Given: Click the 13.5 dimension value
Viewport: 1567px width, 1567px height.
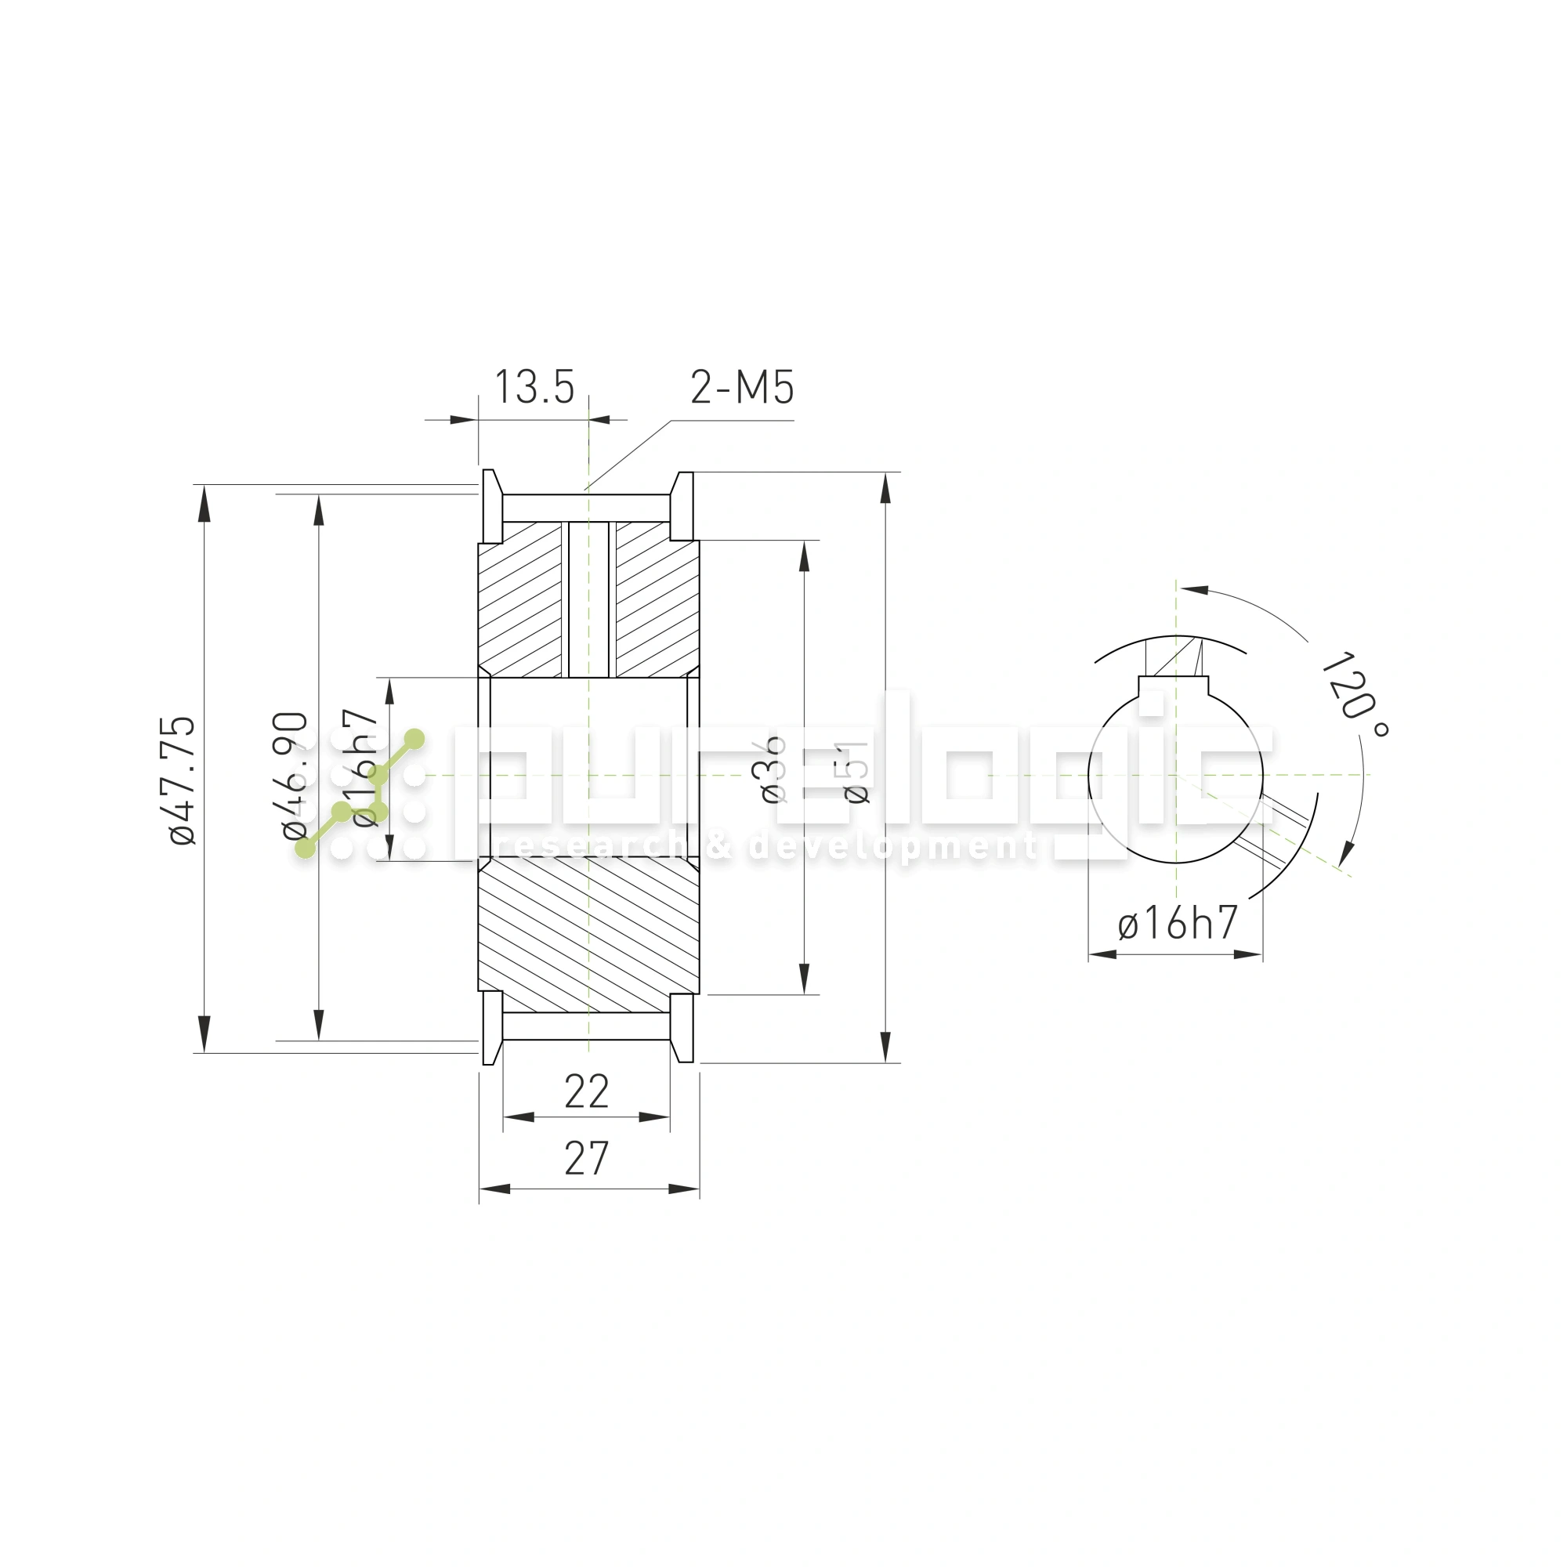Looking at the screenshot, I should (x=534, y=387).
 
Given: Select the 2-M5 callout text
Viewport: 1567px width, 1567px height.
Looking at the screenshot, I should (x=741, y=387).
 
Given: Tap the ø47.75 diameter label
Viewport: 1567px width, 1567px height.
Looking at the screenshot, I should (x=183, y=780).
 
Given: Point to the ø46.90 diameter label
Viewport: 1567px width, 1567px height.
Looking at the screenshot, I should (x=295, y=775).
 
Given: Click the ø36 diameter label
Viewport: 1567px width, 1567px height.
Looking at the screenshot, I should (x=774, y=769).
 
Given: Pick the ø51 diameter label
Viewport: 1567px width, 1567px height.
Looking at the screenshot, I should (x=856, y=770).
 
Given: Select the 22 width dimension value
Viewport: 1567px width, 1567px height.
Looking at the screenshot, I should (x=586, y=1091).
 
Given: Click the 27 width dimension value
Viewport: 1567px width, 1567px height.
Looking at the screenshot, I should (x=586, y=1158).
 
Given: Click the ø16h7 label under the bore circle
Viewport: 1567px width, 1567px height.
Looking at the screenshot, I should (x=1178, y=923).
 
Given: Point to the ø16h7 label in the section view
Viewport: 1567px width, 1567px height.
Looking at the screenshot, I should (x=367, y=767).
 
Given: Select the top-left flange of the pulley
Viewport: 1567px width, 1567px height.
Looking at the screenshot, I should (x=490, y=507).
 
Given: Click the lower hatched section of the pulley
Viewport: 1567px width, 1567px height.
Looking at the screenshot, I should (x=588, y=932).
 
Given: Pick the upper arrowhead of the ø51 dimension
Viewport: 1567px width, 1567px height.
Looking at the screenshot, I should (x=885, y=488).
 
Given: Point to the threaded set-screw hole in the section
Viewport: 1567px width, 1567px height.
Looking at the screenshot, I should (x=589, y=600).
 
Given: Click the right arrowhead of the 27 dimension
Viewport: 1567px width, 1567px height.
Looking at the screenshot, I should (x=685, y=1189).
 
